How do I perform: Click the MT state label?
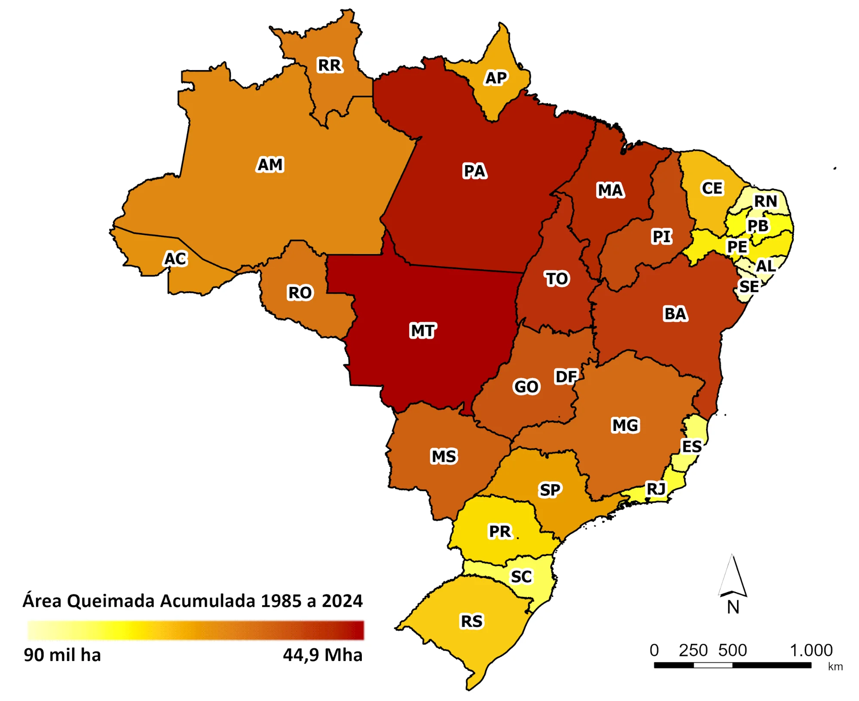423,331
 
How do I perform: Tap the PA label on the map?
474,171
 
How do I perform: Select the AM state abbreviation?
270,165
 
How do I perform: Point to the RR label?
330,65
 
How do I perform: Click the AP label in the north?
496,78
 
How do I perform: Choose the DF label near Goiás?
566,377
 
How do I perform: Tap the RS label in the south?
472,621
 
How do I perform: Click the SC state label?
521,577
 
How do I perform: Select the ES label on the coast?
692,446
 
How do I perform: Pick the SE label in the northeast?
749,286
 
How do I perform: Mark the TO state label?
557,279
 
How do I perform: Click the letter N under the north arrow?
733,607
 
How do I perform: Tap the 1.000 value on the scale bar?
811,650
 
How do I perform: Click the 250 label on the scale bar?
693,650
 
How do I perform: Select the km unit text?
835,667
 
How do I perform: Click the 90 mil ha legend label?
62,655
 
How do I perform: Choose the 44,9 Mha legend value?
322,655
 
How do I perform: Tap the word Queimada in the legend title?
112,601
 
